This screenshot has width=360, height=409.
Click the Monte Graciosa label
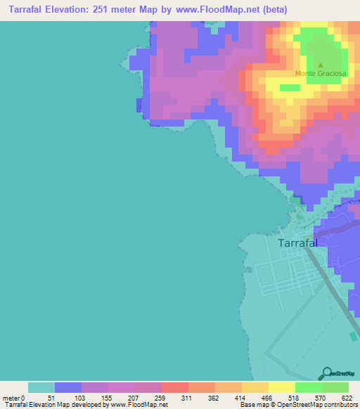coord(319,74)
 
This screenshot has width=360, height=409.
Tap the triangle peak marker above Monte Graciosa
coord(321,65)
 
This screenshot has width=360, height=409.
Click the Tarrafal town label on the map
coord(297,242)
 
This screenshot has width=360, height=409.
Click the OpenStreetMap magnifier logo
coord(326,373)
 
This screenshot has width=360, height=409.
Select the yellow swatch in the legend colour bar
coord(282,387)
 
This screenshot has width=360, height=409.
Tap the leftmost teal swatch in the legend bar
coord(41,387)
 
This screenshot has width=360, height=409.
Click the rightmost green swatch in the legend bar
coord(335,387)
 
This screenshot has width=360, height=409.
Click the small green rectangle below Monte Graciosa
coord(290,88)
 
